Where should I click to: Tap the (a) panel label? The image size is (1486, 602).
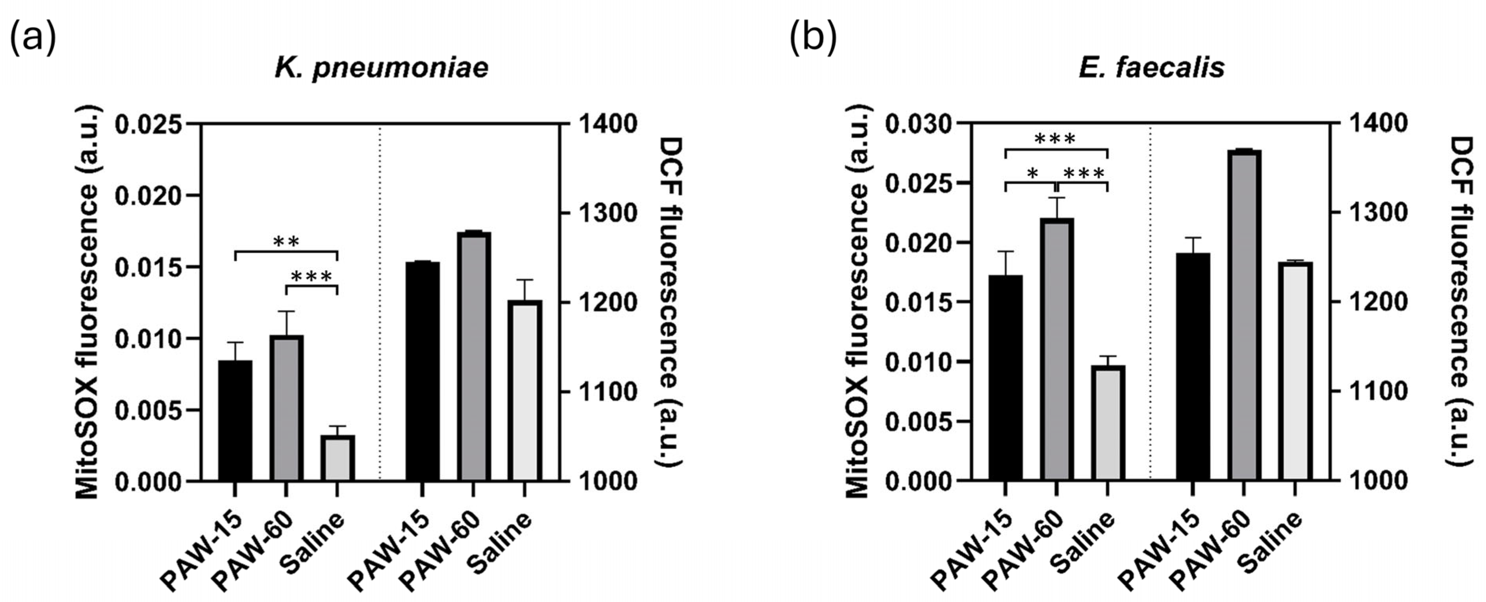[33, 39]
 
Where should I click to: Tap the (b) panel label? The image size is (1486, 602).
[812, 39]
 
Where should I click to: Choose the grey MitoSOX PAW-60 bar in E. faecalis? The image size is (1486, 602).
[1056, 349]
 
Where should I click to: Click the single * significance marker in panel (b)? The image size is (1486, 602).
[1032, 174]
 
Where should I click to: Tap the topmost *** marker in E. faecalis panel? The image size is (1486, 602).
[1055, 140]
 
